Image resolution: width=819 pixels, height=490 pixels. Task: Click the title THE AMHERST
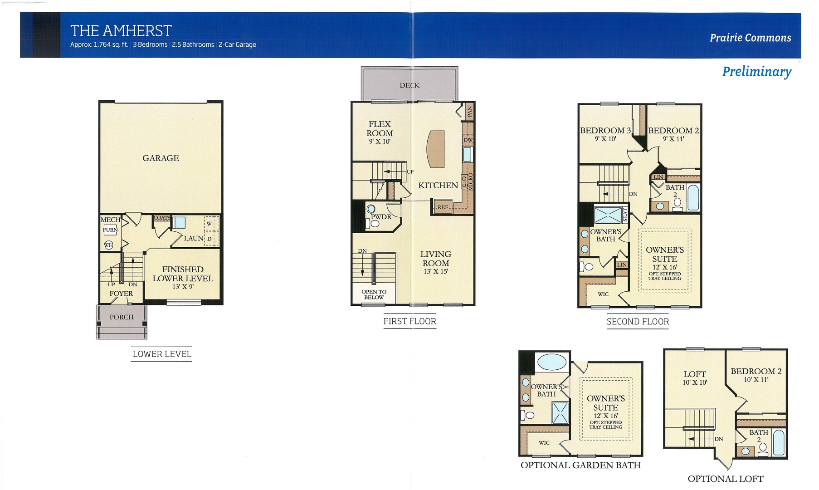121,31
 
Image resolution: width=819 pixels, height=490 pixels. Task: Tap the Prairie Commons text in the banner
751,38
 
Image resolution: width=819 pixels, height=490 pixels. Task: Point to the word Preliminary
757,72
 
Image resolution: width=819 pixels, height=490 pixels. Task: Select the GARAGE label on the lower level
161,158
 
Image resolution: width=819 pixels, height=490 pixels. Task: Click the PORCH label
122,317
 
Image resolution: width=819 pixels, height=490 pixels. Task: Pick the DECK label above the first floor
409,85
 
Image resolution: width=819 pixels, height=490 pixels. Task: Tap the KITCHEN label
438,185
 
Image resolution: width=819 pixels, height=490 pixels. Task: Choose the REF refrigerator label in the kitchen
443,207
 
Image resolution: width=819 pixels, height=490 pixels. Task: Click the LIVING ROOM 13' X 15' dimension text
436,271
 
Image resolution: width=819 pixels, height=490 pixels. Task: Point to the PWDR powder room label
381,217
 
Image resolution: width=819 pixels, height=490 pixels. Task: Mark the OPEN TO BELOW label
374,294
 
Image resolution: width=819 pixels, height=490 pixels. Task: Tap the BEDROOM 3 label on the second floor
605,130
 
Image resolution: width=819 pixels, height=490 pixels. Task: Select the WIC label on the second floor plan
603,294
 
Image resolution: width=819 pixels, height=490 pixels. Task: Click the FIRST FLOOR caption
410,321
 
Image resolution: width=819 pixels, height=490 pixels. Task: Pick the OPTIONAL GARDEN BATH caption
580,465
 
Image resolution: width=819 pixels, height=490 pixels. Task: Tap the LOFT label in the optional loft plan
695,374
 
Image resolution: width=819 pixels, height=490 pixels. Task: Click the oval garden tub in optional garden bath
551,362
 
